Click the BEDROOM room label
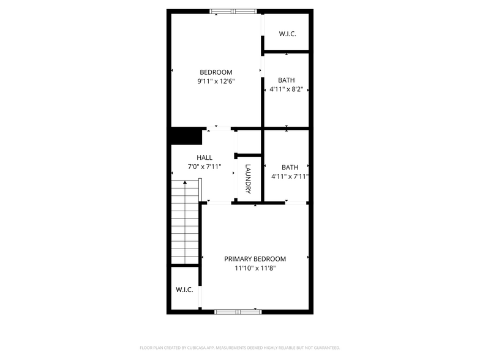216,72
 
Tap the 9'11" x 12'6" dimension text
216,81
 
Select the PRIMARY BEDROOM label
255,259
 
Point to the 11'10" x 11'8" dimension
255,268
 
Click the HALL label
204,157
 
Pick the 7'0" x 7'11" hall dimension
204,166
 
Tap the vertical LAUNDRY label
249,179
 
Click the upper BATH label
286,80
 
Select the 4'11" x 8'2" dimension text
287,89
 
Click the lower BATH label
290,167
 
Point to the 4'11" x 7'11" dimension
290,176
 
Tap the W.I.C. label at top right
287,34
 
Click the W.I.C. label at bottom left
184,290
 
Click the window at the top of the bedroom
233,11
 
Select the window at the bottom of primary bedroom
238,311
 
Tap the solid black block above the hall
186,135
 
